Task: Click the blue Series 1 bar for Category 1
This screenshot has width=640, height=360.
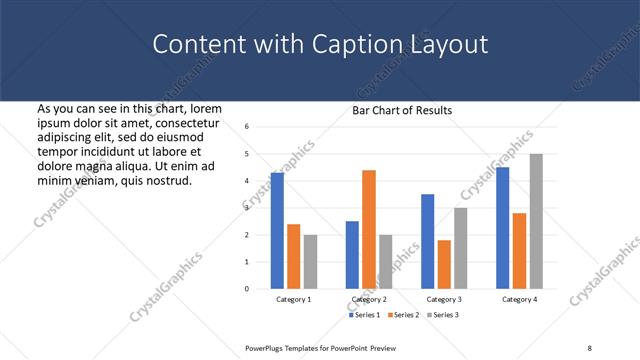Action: [x=277, y=230]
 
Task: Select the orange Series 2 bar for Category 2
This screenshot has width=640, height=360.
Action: [x=369, y=229]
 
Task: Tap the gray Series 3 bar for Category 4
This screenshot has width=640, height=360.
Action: [x=536, y=221]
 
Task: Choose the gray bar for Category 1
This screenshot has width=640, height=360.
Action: [x=310, y=262]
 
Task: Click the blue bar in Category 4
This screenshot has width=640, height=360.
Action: [x=503, y=227]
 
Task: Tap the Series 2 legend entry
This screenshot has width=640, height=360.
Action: [x=403, y=315]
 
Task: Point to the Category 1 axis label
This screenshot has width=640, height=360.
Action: [x=294, y=299]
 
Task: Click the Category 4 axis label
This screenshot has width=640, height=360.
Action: [x=519, y=299]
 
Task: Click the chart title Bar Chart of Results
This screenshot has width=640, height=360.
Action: [x=402, y=110]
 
